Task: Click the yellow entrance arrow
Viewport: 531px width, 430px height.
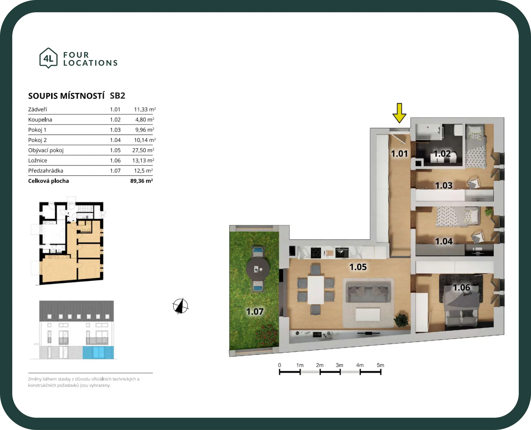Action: pos(399,113)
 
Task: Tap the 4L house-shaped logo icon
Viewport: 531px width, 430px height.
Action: pos(48,58)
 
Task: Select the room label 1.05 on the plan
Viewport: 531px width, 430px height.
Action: pos(358,267)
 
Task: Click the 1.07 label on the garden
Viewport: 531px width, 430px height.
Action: pos(255,311)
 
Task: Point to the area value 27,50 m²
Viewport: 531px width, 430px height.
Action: pos(143,150)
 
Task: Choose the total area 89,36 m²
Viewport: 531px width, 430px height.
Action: pos(141,181)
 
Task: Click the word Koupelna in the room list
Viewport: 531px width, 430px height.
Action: pos(40,119)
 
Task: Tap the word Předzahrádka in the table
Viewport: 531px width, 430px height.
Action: pos(46,171)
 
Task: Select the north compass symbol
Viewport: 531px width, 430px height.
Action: pos(180,306)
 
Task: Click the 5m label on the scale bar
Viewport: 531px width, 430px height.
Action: pos(380,365)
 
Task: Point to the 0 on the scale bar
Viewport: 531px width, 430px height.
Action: pos(279,365)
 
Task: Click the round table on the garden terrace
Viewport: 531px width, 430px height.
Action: pos(258,269)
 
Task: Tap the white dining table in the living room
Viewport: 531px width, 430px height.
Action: pos(316,290)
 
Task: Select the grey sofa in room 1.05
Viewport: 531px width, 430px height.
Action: pos(368,293)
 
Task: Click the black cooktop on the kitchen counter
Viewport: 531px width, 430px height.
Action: pos(316,253)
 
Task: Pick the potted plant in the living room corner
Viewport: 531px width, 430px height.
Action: pos(401,320)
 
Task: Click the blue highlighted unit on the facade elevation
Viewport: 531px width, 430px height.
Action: pos(98,353)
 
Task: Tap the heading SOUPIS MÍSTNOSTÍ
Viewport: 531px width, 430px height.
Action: pos(66,96)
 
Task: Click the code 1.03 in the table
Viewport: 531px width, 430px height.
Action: pos(115,130)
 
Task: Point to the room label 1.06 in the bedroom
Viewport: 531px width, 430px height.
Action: pos(462,288)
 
